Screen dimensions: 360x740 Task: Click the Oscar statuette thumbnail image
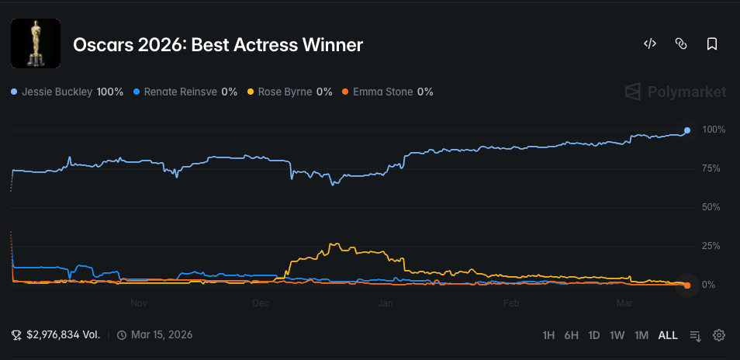[36, 44]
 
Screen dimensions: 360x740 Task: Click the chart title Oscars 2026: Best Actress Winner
[218, 45]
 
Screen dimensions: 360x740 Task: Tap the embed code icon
[650, 44]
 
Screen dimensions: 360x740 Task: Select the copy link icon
[681, 44]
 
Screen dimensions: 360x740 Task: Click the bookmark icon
[712, 44]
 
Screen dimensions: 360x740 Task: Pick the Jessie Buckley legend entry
[67, 92]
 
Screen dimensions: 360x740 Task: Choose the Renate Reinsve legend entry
[185, 92]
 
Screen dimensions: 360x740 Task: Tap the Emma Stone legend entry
[387, 92]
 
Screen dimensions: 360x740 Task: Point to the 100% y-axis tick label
[713, 130]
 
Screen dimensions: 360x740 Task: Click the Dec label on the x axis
[261, 303]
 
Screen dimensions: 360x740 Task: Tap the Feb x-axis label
[510, 303]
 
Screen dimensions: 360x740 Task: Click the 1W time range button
[617, 335]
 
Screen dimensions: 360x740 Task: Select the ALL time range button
[668, 335]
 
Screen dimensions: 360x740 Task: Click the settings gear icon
[719, 335]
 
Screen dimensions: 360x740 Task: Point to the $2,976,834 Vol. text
[63, 335]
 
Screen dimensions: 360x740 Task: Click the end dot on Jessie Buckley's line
[687, 130]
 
